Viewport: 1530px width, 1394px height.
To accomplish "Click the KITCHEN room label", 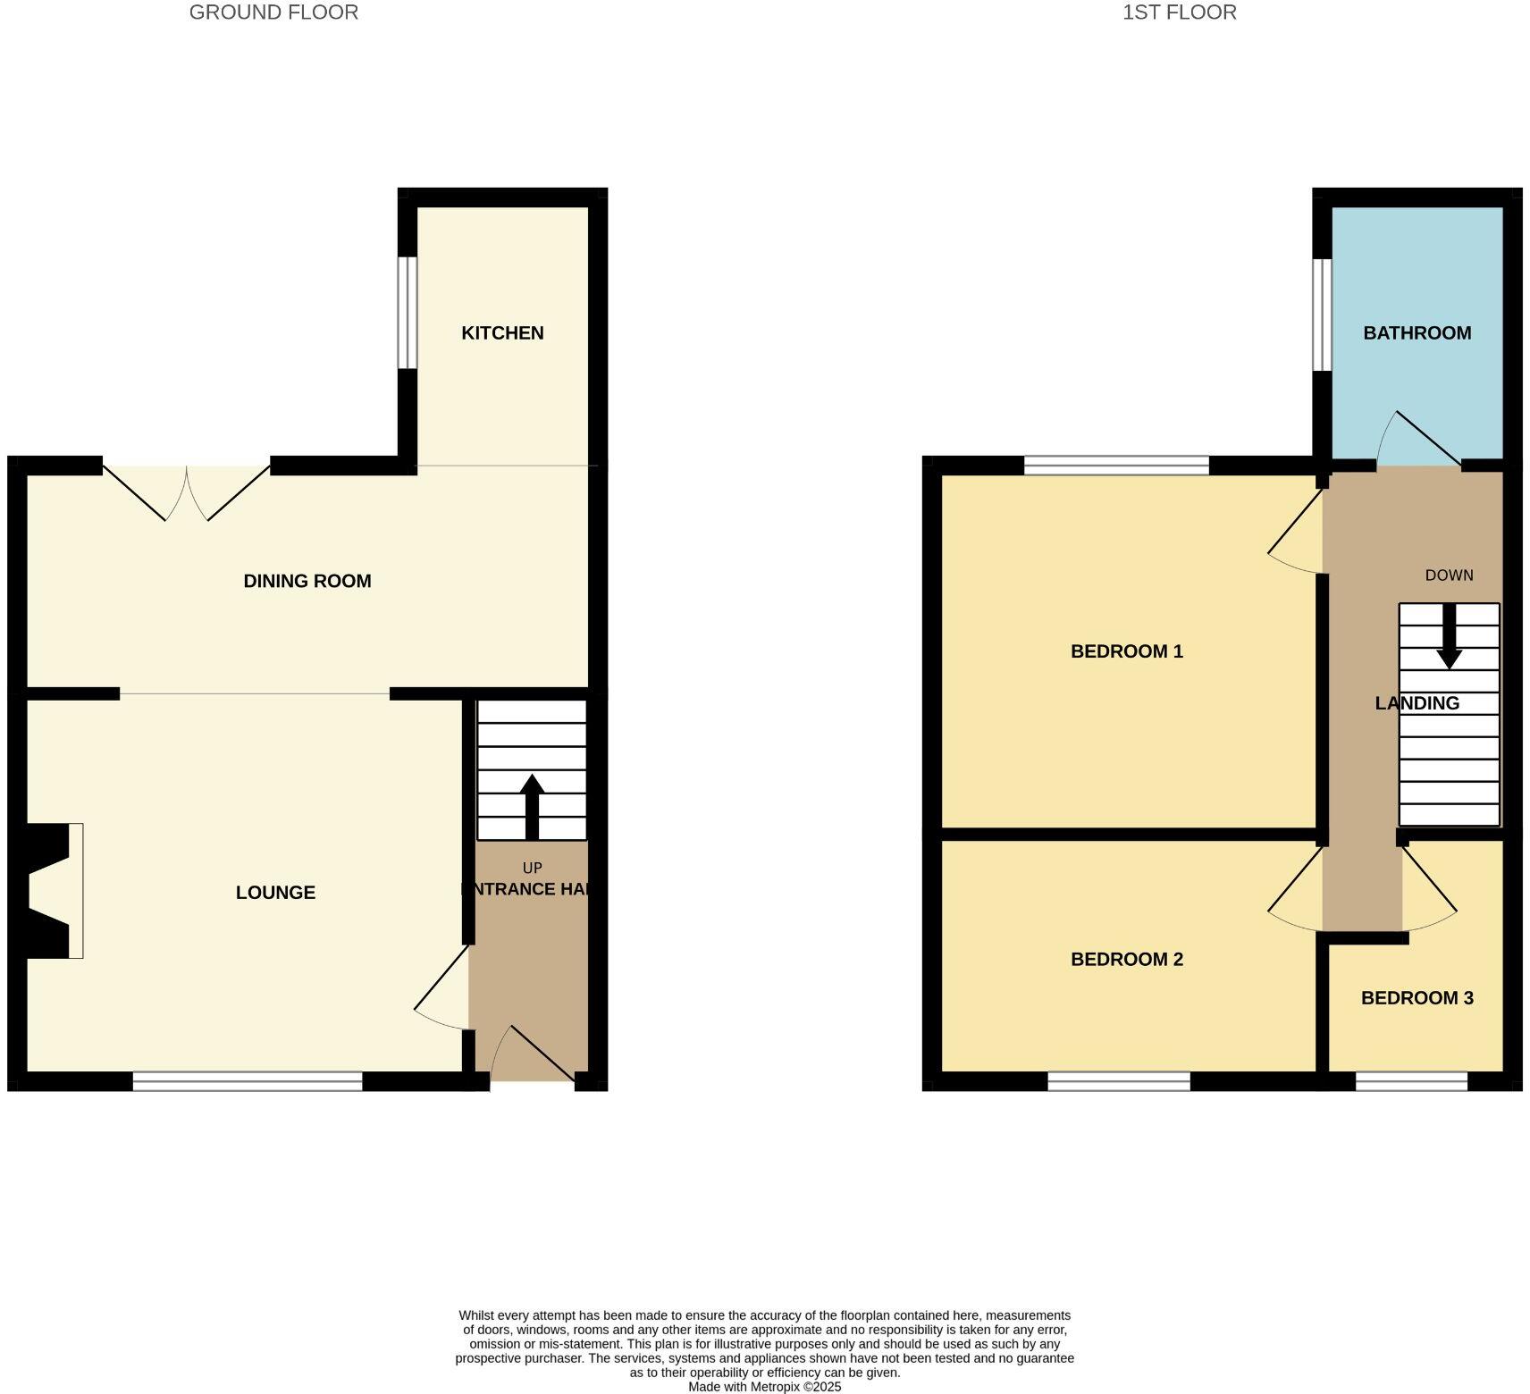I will [502, 333].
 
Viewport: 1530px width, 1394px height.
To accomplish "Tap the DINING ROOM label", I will [307, 582].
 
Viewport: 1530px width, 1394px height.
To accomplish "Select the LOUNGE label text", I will [275, 893].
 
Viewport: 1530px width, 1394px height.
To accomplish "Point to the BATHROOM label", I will [1417, 333].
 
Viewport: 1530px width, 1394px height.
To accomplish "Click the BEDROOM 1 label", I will [1126, 651].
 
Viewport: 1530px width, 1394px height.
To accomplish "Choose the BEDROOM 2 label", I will [1126, 960].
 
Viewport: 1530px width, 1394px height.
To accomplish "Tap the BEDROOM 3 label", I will [1417, 998].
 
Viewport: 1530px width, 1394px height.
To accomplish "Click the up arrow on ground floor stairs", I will [532, 804].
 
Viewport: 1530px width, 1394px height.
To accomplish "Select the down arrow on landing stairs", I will [1449, 637].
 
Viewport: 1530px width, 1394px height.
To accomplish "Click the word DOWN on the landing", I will [1449, 575].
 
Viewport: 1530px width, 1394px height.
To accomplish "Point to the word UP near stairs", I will [532, 869].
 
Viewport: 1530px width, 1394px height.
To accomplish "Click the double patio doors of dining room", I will [187, 491].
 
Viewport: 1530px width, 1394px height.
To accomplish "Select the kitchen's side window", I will [407, 313].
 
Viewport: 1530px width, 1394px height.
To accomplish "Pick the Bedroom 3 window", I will [1411, 1082].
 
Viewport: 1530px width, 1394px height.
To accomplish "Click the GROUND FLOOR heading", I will [273, 13].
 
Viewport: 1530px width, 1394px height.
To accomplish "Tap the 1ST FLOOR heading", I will [1179, 13].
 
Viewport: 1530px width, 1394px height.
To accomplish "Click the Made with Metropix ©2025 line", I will [764, 1387].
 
